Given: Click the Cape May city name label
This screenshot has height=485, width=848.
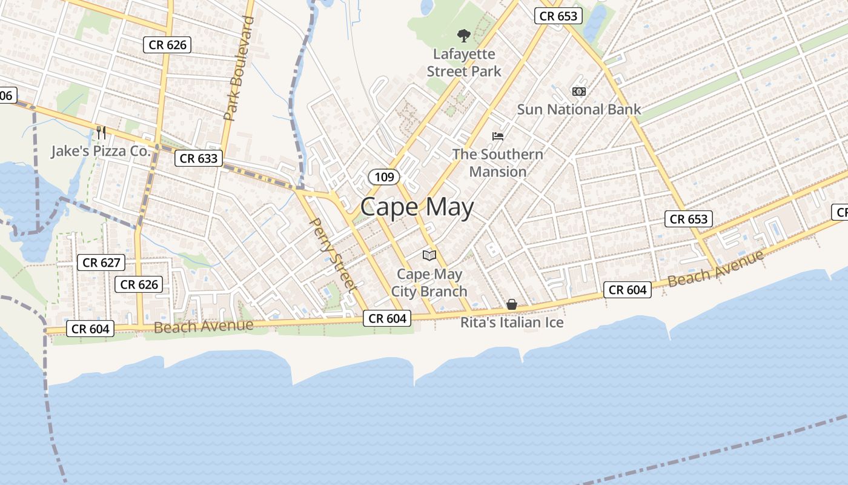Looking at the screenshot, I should pos(417,207).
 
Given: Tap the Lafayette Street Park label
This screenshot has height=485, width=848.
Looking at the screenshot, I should pos(464,63).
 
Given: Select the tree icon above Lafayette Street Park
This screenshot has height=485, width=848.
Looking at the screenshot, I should pos(464,36).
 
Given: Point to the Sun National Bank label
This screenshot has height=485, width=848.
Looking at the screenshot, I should pos(578,110).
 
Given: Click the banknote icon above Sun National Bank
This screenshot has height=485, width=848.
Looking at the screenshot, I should pos(578,92).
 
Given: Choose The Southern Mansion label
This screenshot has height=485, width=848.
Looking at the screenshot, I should pos(498,162).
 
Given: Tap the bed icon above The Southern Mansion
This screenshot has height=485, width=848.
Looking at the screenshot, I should pos(498,136).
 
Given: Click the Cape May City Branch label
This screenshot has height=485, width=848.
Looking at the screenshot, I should pos(429,283).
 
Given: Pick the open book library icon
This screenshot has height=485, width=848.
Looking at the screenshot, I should pos(429,255).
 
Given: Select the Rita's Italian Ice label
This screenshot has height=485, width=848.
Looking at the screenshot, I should pos(512,323).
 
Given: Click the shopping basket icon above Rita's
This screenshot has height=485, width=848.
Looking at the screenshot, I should pos(512,304).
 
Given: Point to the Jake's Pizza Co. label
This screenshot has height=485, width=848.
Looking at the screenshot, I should pos(100,151).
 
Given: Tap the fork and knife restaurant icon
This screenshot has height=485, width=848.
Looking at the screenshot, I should pos(101,132).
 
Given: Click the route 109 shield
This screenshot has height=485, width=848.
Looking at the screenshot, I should pos(384,177).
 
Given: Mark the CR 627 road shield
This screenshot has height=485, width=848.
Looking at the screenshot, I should pos(102,263).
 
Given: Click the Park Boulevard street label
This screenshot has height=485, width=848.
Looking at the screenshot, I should pos(239,69).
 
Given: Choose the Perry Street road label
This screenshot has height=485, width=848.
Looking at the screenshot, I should pos(331,255).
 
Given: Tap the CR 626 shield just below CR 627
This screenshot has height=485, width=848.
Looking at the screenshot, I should pos(139,284).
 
